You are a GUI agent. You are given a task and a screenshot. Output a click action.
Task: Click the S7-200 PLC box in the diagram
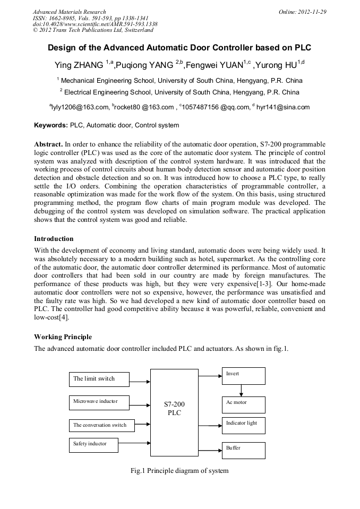(174, 408)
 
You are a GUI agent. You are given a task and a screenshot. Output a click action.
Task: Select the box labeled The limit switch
(99, 379)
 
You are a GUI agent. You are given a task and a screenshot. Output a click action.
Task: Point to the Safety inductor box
(93, 445)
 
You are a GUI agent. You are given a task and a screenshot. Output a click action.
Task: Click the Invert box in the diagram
(243, 376)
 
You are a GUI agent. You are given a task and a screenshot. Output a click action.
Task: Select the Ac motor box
(243, 404)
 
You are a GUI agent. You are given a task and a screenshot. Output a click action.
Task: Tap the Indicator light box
(243, 425)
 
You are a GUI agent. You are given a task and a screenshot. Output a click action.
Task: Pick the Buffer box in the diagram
(243, 450)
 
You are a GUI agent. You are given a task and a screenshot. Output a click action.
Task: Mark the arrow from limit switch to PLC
(140, 381)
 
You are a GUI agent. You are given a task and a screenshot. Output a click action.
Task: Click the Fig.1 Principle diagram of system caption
(179, 470)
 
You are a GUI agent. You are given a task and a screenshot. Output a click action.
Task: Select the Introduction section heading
(54, 239)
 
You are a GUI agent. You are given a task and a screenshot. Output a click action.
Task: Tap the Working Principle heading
(63, 337)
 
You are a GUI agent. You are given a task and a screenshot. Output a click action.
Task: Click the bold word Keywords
(50, 126)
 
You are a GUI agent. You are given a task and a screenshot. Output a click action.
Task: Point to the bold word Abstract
(48, 144)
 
